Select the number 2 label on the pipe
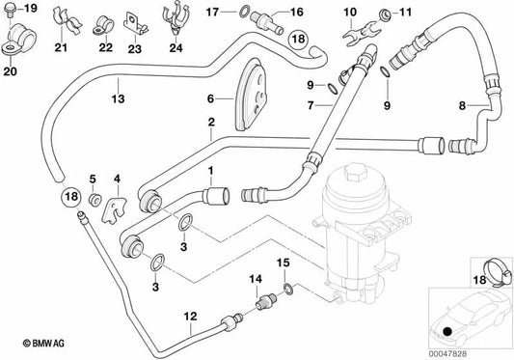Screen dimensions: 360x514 tap(210, 123)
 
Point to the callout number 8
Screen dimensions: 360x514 tap(462, 104)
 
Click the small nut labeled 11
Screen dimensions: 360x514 tap(386, 14)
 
